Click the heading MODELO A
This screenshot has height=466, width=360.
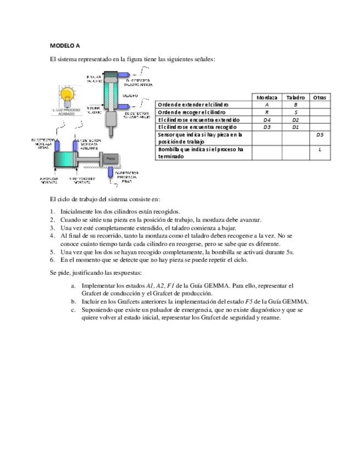point(65,46)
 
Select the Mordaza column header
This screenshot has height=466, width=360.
point(267,97)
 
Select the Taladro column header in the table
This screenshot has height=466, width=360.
point(295,97)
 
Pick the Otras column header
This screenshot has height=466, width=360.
point(319,97)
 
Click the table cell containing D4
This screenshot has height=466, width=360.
point(267,119)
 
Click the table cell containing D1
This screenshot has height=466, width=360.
point(295,127)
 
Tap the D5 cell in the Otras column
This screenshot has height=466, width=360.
point(319,134)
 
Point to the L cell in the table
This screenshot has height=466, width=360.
point(319,149)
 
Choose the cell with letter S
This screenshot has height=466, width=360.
point(295,112)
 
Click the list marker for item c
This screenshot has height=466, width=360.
point(73,310)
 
